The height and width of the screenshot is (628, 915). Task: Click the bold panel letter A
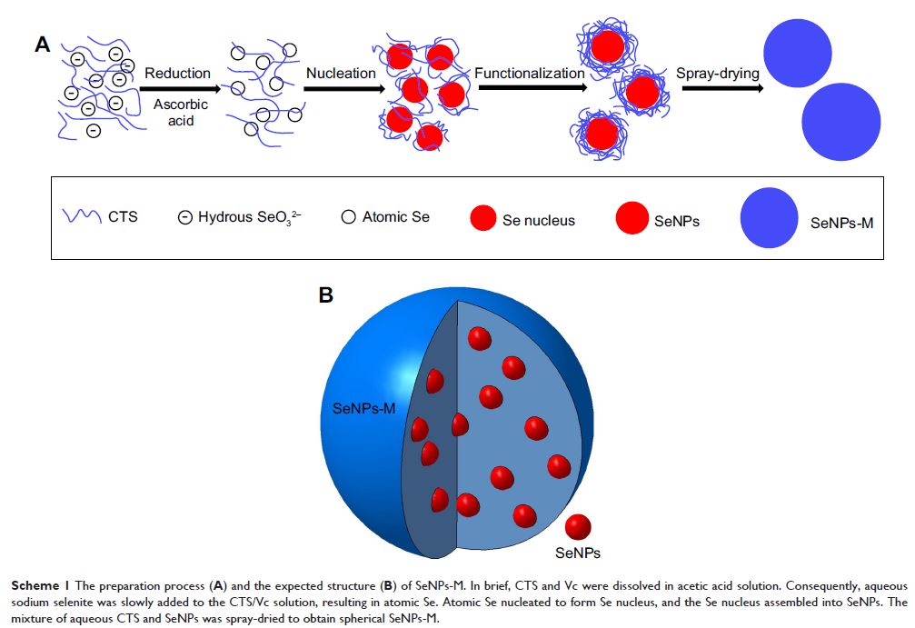pyautogui.click(x=43, y=45)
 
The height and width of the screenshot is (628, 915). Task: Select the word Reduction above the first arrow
pyautogui.click(x=178, y=73)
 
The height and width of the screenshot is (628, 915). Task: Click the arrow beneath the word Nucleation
pyautogui.click(x=339, y=89)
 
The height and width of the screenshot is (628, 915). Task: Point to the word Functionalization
pyautogui.click(x=529, y=73)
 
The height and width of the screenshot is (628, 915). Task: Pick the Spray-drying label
pyautogui.click(x=717, y=73)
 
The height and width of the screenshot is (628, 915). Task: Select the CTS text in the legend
pyautogui.click(x=124, y=218)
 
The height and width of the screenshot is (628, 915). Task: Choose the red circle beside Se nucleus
pyautogui.click(x=482, y=218)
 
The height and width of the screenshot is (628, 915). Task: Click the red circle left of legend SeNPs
pyautogui.click(x=632, y=218)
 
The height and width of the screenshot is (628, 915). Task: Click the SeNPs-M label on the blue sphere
pyautogui.click(x=363, y=411)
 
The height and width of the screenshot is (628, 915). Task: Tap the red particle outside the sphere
pyautogui.click(x=578, y=527)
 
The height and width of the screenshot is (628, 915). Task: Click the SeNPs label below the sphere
pyautogui.click(x=578, y=552)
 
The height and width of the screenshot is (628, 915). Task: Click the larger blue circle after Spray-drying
pyautogui.click(x=840, y=123)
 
